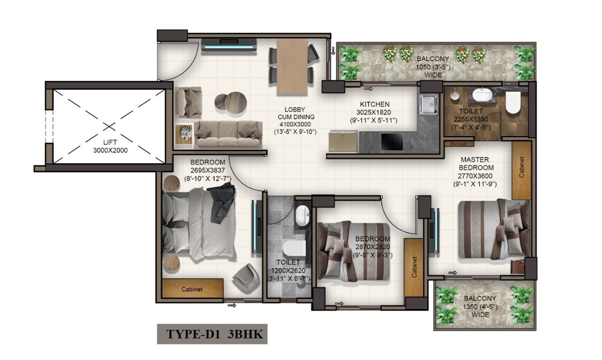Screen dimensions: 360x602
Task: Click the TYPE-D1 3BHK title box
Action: (213, 334)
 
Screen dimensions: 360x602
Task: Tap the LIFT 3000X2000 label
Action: (110, 146)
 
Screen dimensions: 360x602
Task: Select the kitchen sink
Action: (428, 104)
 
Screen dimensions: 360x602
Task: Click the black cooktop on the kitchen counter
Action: (391, 141)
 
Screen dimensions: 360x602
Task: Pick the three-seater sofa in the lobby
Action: (228, 133)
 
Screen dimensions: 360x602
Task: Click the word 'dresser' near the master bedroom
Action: (459, 144)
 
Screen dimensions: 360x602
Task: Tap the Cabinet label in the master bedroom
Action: (522, 167)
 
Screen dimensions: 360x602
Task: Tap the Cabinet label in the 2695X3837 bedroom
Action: (192, 289)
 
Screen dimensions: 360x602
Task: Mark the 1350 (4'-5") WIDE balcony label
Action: (480, 306)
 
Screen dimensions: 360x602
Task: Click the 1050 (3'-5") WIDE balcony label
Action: (433, 67)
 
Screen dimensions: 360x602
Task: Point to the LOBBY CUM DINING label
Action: (295, 120)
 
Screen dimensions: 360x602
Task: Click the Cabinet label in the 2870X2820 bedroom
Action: (414, 267)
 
